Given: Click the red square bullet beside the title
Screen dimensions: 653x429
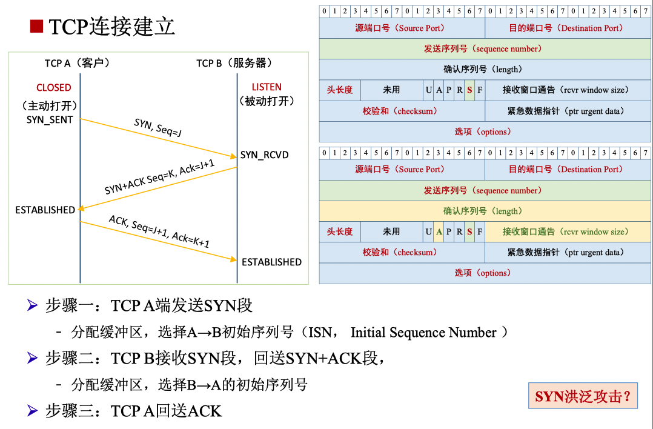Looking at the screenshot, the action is (x=36, y=27).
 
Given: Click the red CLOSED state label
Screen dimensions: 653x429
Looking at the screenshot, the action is (x=53, y=87).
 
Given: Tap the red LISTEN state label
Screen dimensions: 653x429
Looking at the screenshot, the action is (x=267, y=87).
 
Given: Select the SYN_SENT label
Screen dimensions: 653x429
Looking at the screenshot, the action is (x=50, y=119).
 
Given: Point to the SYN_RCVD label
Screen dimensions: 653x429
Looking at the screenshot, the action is (x=265, y=155).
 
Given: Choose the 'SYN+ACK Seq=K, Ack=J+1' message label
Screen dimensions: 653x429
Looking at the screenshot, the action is (x=159, y=178).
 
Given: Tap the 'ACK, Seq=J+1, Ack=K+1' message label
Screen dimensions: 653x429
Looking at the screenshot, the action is (x=159, y=231).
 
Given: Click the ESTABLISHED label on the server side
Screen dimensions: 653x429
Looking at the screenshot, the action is (x=271, y=262).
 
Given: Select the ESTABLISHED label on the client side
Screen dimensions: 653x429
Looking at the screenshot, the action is (x=45, y=210).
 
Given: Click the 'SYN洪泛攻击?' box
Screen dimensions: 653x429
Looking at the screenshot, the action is (x=583, y=397).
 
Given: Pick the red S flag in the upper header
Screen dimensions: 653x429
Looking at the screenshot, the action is (x=469, y=90).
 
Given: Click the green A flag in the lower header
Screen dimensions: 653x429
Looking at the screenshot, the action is (x=439, y=231).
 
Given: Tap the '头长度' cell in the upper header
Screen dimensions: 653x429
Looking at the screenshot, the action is (x=339, y=90).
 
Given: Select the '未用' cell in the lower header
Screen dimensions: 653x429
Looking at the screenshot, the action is (x=391, y=231).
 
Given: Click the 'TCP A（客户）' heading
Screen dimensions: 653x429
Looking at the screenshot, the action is (x=77, y=63).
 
